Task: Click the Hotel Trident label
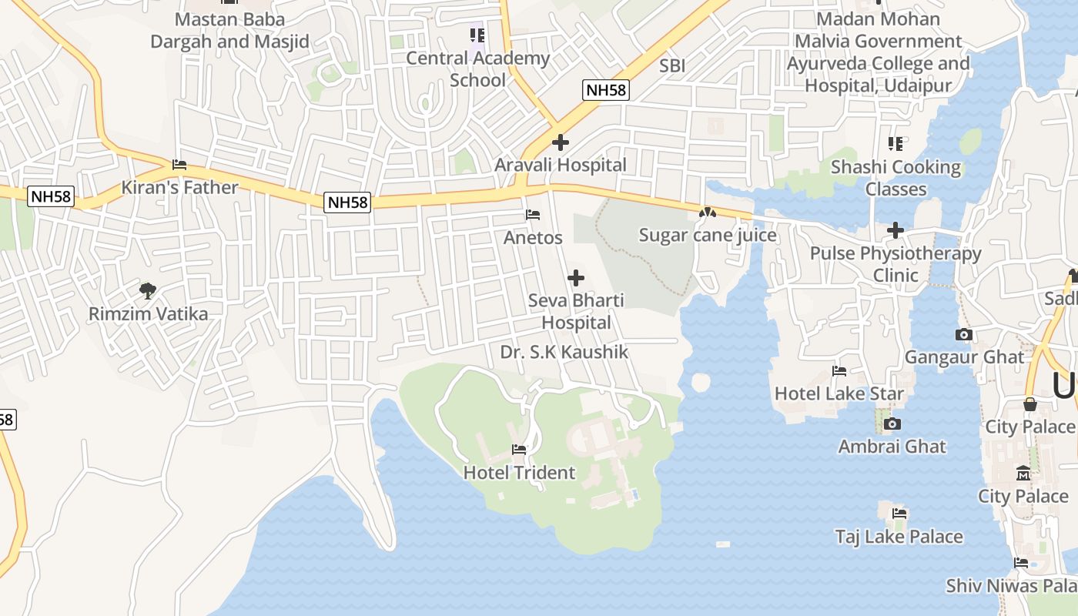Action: point(519,473)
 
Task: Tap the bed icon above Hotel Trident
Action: point(519,450)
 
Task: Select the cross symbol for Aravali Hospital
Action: point(561,142)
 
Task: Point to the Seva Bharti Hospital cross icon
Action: point(575,278)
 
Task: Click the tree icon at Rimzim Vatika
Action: point(148,291)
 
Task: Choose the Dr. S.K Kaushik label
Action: point(564,353)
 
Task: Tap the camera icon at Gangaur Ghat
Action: point(963,334)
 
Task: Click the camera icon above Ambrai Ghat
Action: point(892,423)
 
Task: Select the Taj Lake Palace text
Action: point(899,537)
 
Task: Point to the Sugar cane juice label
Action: point(708,236)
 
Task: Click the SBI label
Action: point(672,66)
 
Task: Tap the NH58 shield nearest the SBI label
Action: point(606,90)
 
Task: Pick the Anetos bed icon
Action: point(533,215)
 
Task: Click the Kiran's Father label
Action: point(180,188)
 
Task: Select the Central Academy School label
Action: point(477,69)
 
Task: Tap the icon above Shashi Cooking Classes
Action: point(895,144)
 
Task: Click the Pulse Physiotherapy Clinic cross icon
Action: point(895,230)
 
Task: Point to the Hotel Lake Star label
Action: point(839,393)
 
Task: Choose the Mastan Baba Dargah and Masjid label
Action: point(229,31)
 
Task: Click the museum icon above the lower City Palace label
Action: point(1023,473)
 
